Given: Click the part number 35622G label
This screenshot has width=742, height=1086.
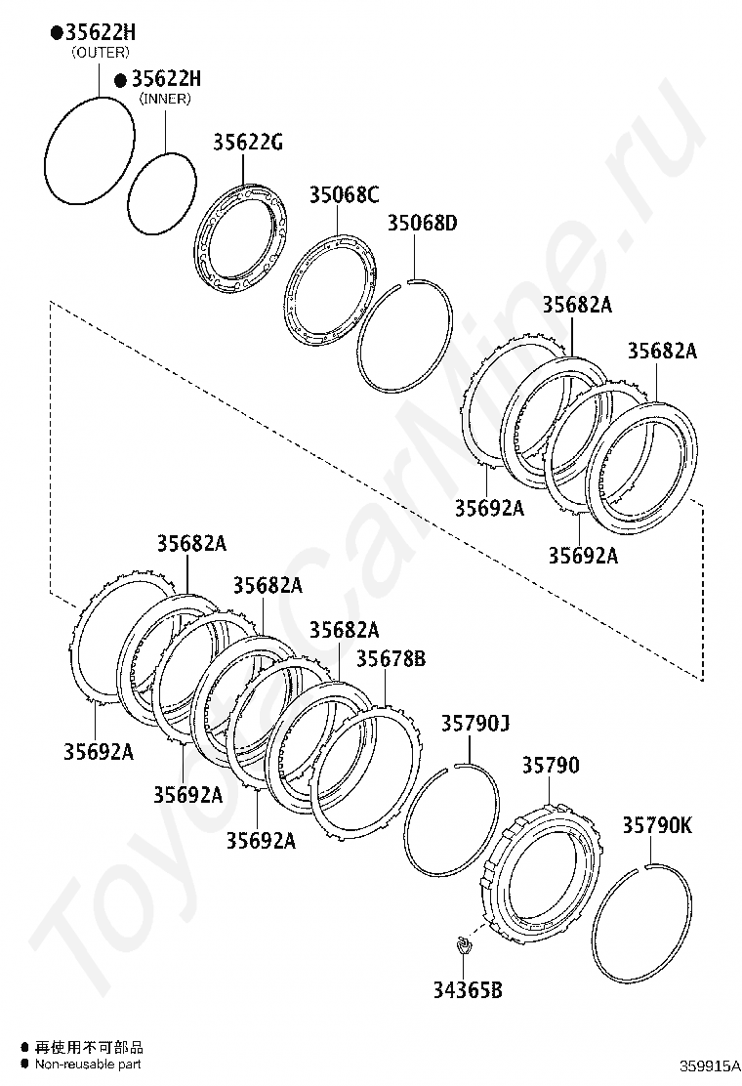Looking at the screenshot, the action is (x=248, y=143).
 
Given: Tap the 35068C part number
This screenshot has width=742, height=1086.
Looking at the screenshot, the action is (x=344, y=195).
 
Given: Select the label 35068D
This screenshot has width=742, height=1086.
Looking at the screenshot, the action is (x=422, y=223).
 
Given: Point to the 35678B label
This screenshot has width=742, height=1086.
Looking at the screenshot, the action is (x=392, y=658).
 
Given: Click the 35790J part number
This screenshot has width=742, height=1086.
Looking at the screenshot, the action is (x=475, y=724).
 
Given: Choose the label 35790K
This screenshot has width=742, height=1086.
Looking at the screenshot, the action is (x=657, y=825).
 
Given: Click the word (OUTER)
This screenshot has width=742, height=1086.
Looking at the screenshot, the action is (x=101, y=53).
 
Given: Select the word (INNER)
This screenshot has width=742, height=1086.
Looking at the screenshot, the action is (x=165, y=99).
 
